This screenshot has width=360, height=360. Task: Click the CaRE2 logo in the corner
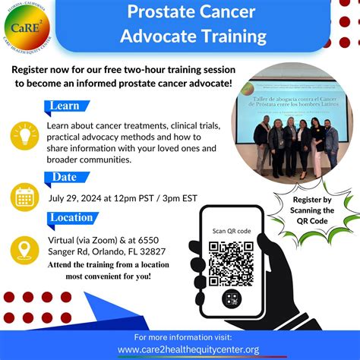pyautogui.click(x=29, y=27)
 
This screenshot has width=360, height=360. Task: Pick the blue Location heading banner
pyautogui.click(x=77, y=218)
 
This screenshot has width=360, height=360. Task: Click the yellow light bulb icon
pyautogui.click(x=24, y=136)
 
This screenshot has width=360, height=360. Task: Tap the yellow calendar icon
pyautogui.click(x=24, y=197)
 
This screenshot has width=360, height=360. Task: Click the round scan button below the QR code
pyautogui.click(x=231, y=298)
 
